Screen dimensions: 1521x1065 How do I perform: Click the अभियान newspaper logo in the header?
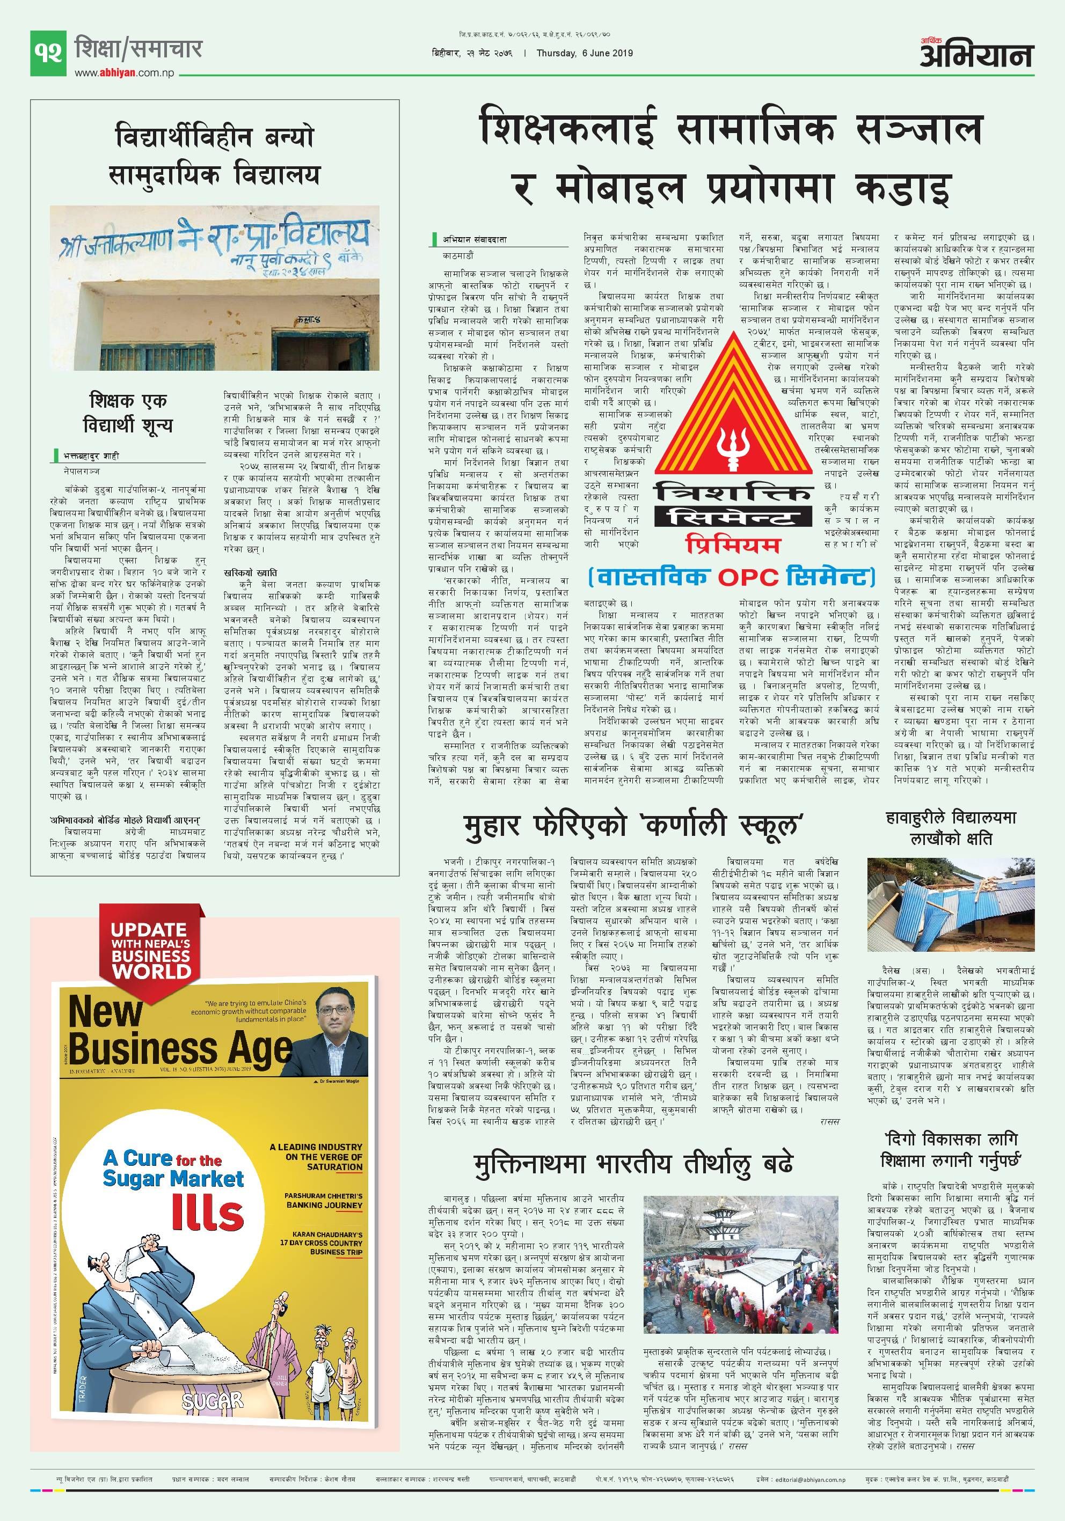coord(976,54)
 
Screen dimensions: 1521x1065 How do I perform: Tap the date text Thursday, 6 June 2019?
coord(585,54)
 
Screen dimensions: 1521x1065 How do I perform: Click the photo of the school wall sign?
coord(215,288)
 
